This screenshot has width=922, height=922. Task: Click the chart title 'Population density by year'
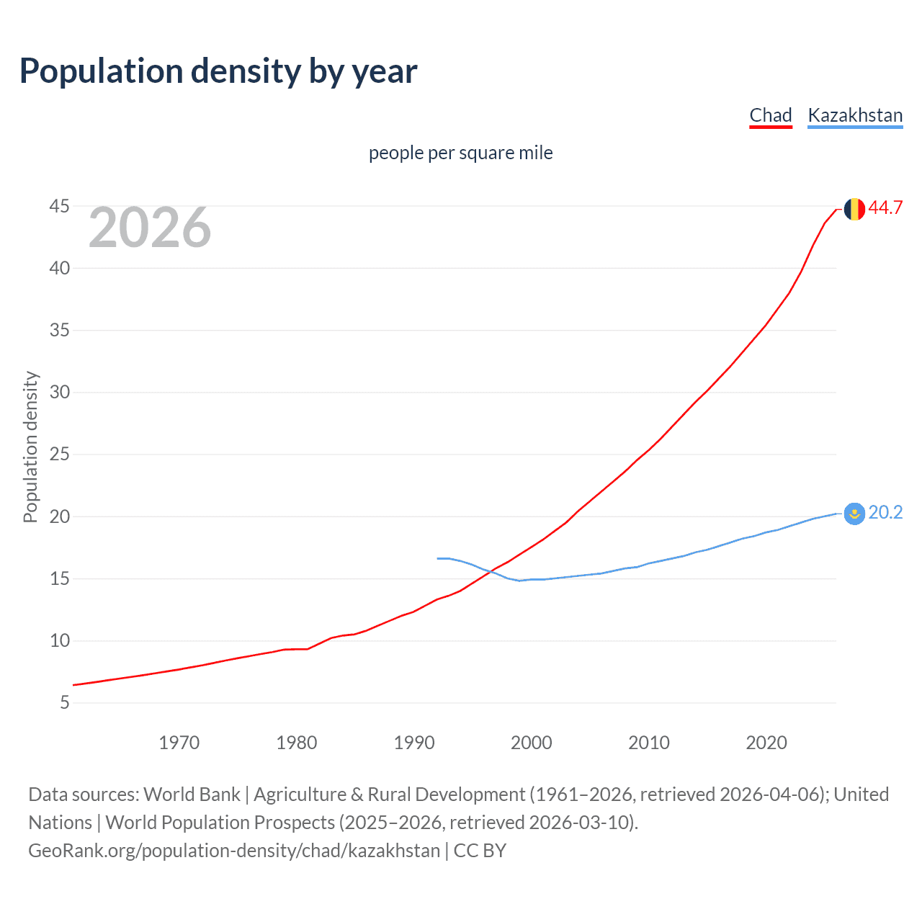tap(218, 71)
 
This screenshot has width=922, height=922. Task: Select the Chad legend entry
tap(770, 115)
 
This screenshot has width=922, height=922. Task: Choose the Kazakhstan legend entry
tap(855, 115)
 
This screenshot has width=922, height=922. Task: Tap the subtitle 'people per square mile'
tap(460, 153)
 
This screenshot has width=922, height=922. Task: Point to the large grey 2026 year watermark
tap(150, 228)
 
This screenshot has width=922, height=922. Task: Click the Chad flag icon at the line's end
tap(854, 209)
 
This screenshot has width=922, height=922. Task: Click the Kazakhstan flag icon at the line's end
tap(854, 514)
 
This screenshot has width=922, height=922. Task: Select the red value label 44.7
tap(885, 208)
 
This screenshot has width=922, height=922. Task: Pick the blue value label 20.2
tap(885, 513)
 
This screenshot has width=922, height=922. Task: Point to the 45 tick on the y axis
tap(60, 207)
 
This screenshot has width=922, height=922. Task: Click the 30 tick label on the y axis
tap(60, 393)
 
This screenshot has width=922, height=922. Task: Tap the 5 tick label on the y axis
tap(65, 703)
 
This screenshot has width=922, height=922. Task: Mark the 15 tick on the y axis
tap(60, 579)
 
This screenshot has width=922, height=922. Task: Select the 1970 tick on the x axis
tap(179, 743)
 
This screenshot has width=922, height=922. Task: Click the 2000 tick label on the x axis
tap(531, 743)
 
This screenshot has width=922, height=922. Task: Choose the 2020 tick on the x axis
tap(766, 743)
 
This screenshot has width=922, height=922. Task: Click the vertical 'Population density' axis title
tap(30, 447)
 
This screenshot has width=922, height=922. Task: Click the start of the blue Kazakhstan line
tap(438, 558)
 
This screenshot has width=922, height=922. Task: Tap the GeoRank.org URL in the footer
tap(234, 851)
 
